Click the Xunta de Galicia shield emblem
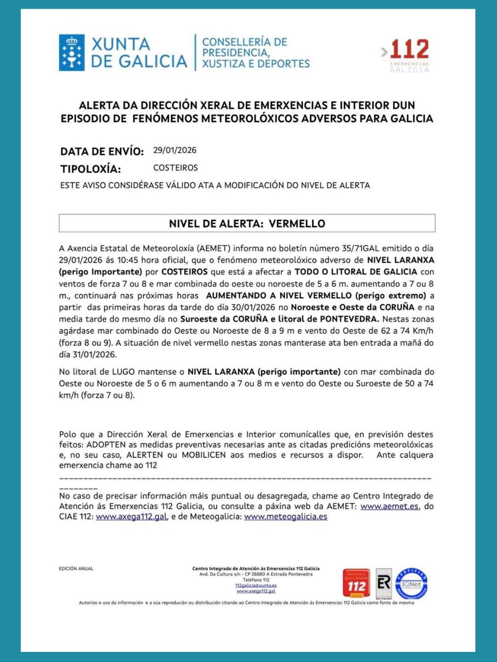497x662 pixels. pos(71,52)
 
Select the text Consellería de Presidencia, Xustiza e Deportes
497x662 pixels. pos(255,53)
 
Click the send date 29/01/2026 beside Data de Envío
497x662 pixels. pos(174,150)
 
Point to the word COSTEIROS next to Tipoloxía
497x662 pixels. pos(175,168)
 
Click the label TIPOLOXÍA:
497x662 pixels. pos(91,169)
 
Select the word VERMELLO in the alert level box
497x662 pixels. pos(297,224)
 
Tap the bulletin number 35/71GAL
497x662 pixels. pos(360,248)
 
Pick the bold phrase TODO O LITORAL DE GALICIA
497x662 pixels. pos(356,272)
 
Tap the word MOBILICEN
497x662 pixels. pos(204,455)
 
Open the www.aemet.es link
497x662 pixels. pos(389,506)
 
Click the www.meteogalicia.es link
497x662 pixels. pos(285,517)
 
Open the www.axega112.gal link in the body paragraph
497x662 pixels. pos(131,517)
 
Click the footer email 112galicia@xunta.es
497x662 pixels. pos(256,586)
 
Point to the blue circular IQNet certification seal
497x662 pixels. pos(411,583)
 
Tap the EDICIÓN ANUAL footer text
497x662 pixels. pos(76,569)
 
